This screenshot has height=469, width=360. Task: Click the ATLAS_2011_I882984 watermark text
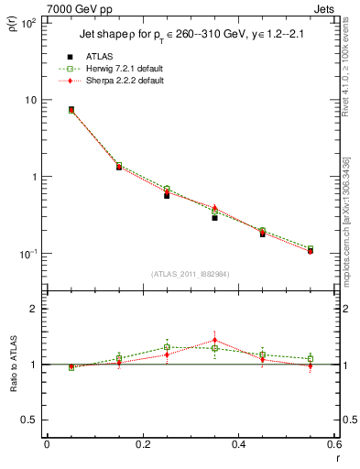tap(191, 274)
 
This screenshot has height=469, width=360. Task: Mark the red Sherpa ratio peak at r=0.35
tap(214, 340)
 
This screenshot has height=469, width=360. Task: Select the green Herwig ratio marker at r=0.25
tap(167, 346)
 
